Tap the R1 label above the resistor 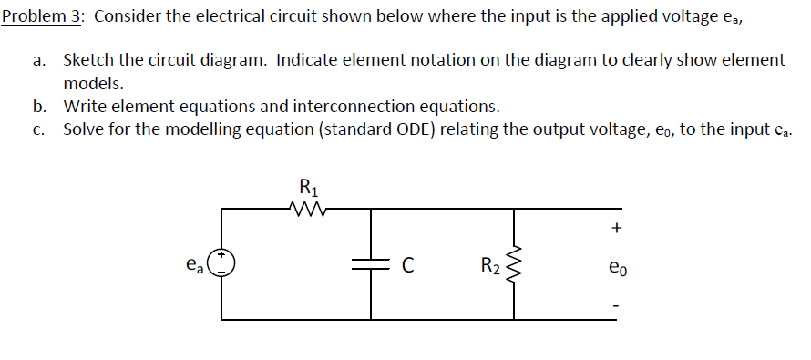(308, 190)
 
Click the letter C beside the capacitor (408, 266)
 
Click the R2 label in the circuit (489, 266)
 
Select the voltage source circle (222, 263)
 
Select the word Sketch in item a (88, 60)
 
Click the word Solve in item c (85, 129)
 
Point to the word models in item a (92, 83)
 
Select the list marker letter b (38, 106)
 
